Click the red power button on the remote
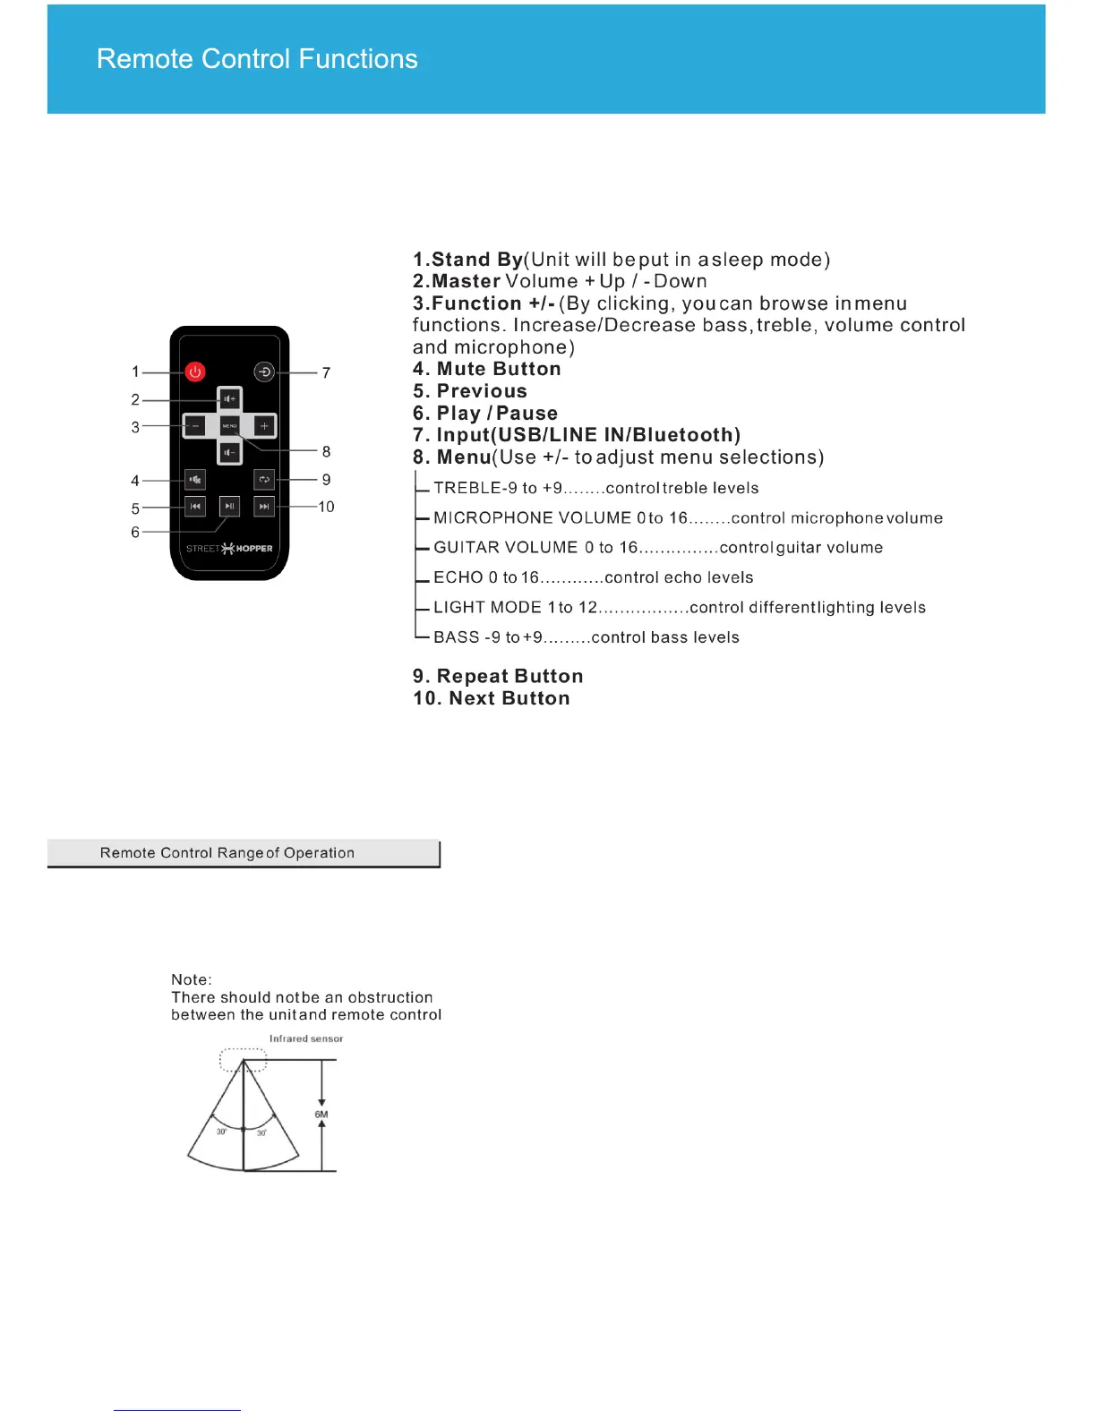click(195, 372)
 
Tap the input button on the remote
click(264, 372)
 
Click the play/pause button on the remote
click(230, 507)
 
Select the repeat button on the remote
click(264, 480)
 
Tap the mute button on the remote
click(195, 480)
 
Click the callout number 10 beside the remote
click(326, 507)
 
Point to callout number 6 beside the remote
click(135, 532)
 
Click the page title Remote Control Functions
click(257, 59)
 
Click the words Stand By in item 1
click(476, 260)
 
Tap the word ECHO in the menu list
click(458, 577)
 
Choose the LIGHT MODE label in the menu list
click(487, 607)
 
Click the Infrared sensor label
click(306, 1038)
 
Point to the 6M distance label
click(321, 1115)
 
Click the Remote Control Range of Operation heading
click(227, 853)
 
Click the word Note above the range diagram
click(191, 979)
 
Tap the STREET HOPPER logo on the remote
click(229, 548)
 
